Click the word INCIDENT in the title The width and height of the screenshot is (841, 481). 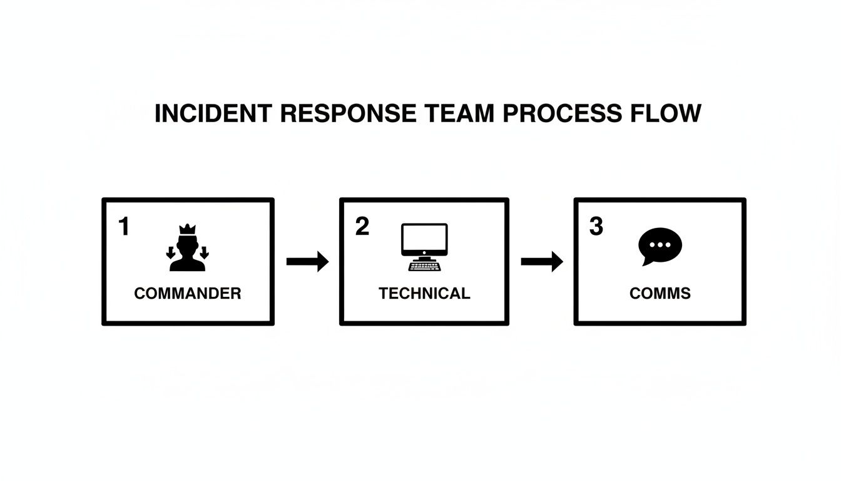point(213,114)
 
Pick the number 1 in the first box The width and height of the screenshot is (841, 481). point(123,227)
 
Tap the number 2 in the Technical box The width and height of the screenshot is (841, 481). point(362,227)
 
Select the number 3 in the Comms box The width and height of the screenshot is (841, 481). point(596,227)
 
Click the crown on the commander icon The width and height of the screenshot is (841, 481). point(187,229)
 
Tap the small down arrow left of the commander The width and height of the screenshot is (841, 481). point(170,253)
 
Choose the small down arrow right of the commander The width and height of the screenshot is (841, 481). point(204,253)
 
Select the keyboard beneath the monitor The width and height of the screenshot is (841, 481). point(424,266)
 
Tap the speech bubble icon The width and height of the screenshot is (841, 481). point(660,245)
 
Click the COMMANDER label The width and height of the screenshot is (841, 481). point(187,294)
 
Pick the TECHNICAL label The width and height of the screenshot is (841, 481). point(424,294)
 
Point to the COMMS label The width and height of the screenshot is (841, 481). point(660,294)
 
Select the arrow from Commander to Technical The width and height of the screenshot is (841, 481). point(307,261)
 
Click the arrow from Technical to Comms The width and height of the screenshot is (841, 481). point(542,261)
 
